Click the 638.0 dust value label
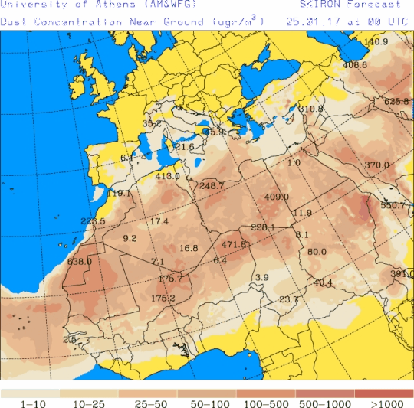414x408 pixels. point(80,261)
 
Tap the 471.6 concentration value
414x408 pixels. point(234,245)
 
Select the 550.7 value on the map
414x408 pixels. point(394,205)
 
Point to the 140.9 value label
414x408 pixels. point(376,41)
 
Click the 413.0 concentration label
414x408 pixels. point(167,177)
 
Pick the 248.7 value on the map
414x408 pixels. point(211,185)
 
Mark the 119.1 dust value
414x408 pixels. point(119,194)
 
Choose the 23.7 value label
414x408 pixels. point(288,299)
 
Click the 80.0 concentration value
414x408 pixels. point(317,253)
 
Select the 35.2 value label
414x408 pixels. point(152,124)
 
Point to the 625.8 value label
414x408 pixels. point(396,101)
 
